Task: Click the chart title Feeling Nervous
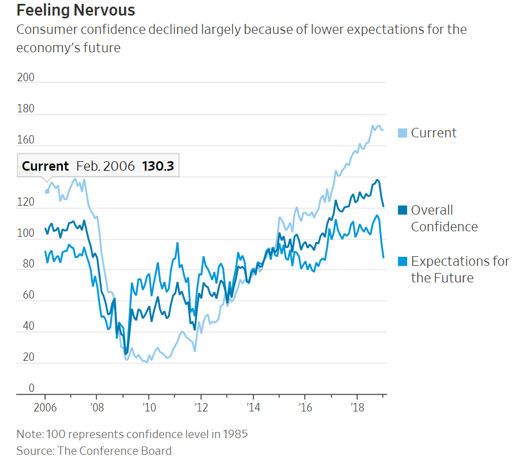point(76,10)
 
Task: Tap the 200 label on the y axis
point(26,77)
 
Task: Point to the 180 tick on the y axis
point(26,109)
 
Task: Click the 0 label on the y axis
point(31,388)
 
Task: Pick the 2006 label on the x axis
point(45,406)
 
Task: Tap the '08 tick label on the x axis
point(96,406)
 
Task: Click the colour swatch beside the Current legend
point(403,133)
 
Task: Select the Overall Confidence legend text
point(444,218)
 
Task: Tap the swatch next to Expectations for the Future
point(403,261)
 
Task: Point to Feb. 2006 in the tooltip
point(106,166)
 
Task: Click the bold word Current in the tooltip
point(45,166)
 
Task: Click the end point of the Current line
point(383,130)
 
